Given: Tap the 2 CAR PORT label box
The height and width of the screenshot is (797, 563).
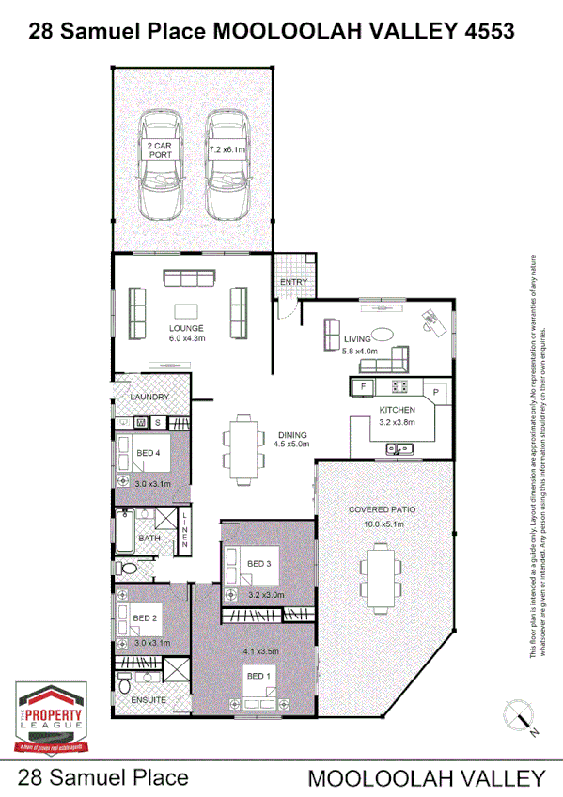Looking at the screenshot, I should [x=159, y=150].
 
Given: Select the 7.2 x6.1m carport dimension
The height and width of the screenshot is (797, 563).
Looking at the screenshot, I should [x=226, y=149].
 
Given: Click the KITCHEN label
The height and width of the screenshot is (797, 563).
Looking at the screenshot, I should [x=397, y=411].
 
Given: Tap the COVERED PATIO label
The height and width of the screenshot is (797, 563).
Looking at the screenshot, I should [x=382, y=509].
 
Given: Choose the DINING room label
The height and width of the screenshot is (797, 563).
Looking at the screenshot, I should [x=290, y=435].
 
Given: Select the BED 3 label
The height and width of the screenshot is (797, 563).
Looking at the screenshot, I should [x=259, y=563].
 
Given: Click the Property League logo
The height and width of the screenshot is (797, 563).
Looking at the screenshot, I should [x=52, y=717].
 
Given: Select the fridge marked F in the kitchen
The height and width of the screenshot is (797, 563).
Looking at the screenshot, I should [x=360, y=385].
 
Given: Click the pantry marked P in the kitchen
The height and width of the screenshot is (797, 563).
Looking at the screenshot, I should [x=436, y=390].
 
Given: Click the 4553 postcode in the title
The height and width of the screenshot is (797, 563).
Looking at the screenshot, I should [x=489, y=31].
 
